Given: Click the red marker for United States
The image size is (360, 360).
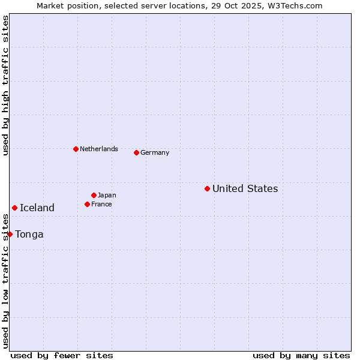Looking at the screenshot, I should click(207, 188).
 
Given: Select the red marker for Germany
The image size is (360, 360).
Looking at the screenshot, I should click(136, 152).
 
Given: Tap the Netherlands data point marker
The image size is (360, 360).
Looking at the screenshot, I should click(76, 149).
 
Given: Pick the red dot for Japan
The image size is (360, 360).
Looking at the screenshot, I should click(94, 195).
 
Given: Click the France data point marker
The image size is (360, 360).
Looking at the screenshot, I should click(87, 204).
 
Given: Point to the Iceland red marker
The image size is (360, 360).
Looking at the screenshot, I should click(14, 208).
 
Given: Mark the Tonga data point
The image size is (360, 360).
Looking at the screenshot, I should click(10, 234).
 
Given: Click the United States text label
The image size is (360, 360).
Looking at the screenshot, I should click(245, 188).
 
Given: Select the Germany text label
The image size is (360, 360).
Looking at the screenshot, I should click(155, 152).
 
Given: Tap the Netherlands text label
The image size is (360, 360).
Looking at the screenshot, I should click(99, 149).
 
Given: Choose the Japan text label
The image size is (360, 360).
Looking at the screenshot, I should click(107, 195).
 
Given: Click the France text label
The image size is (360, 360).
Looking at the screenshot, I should click(101, 204).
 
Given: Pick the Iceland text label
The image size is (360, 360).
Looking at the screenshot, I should click(37, 208).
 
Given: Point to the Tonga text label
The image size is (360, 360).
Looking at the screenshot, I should click(29, 234).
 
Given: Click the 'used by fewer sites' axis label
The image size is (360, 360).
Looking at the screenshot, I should click(62, 355).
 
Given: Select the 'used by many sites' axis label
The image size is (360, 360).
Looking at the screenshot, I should click(301, 355).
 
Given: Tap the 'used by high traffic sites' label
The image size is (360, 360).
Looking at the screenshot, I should click(5, 85).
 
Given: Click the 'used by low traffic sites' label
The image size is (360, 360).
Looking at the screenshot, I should click(5, 282).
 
